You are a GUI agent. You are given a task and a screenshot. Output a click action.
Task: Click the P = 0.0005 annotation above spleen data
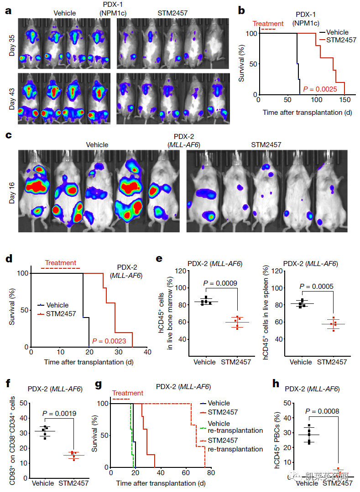pyautogui.click(x=318, y=287)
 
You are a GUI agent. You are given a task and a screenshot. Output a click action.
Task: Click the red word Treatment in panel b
pyautogui.click(x=268, y=24)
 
